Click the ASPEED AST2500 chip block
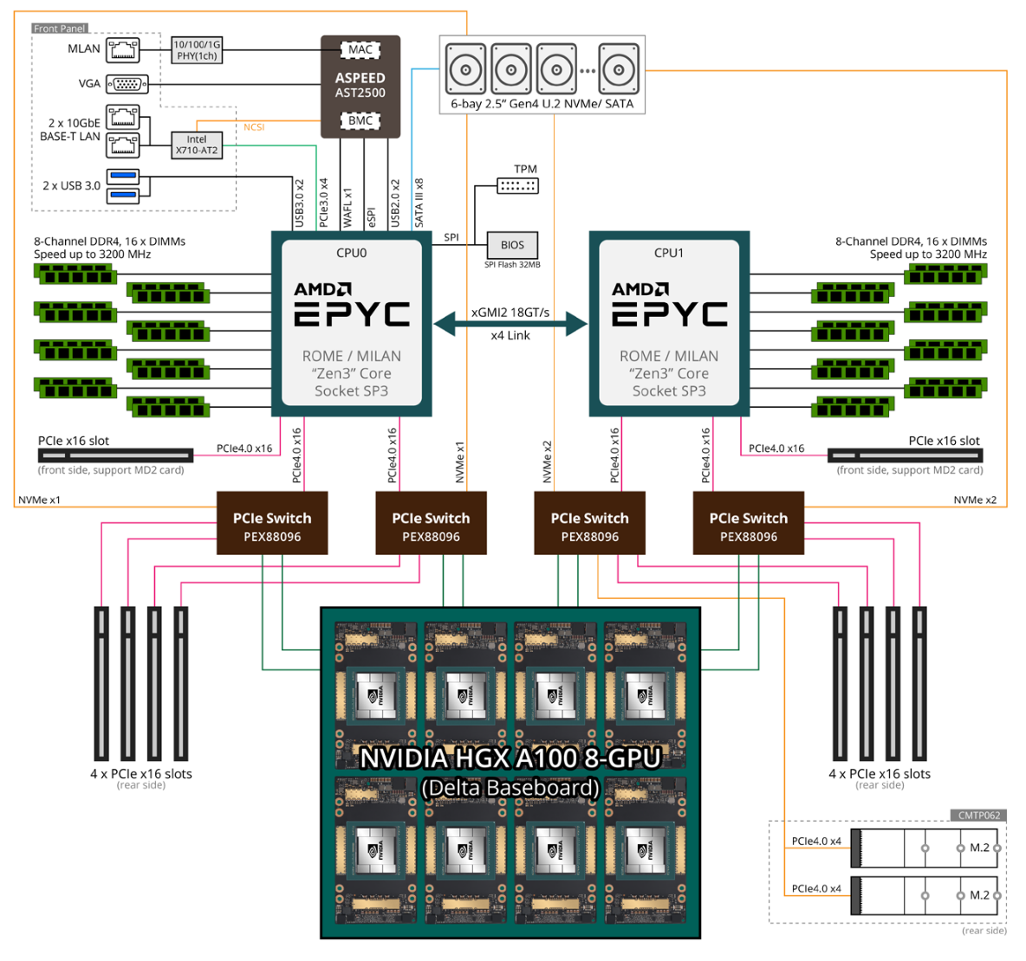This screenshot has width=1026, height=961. [x=360, y=86]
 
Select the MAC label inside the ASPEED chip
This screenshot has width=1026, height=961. [x=360, y=49]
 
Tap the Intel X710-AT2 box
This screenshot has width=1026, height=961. [x=197, y=145]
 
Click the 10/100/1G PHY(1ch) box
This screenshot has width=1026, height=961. [x=197, y=50]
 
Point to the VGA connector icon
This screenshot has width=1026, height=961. [x=127, y=84]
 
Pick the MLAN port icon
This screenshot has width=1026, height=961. [x=122, y=49]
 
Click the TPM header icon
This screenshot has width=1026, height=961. [x=517, y=185]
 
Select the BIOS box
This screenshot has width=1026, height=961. [x=512, y=245]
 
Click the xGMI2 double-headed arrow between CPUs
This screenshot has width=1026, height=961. [x=510, y=325]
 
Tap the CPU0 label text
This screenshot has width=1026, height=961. [x=351, y=253]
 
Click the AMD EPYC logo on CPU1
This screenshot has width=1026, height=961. [x=669, y=305]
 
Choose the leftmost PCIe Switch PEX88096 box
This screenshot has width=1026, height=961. [x=272, y=524]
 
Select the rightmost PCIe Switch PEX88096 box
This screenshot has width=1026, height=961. [x=749, y=524]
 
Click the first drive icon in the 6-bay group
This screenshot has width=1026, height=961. [x=465, y=69]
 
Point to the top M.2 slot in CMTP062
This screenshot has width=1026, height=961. [x=925, y=848]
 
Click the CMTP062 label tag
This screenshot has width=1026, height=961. [x=979, y=815]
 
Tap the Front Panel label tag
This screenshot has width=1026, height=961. [x=60, y=29]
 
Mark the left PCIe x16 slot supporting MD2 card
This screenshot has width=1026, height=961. [x=115, y=455]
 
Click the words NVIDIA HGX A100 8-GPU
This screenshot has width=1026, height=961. [x=510, y=758]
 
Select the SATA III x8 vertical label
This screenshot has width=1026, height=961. [x=419, y=203]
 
